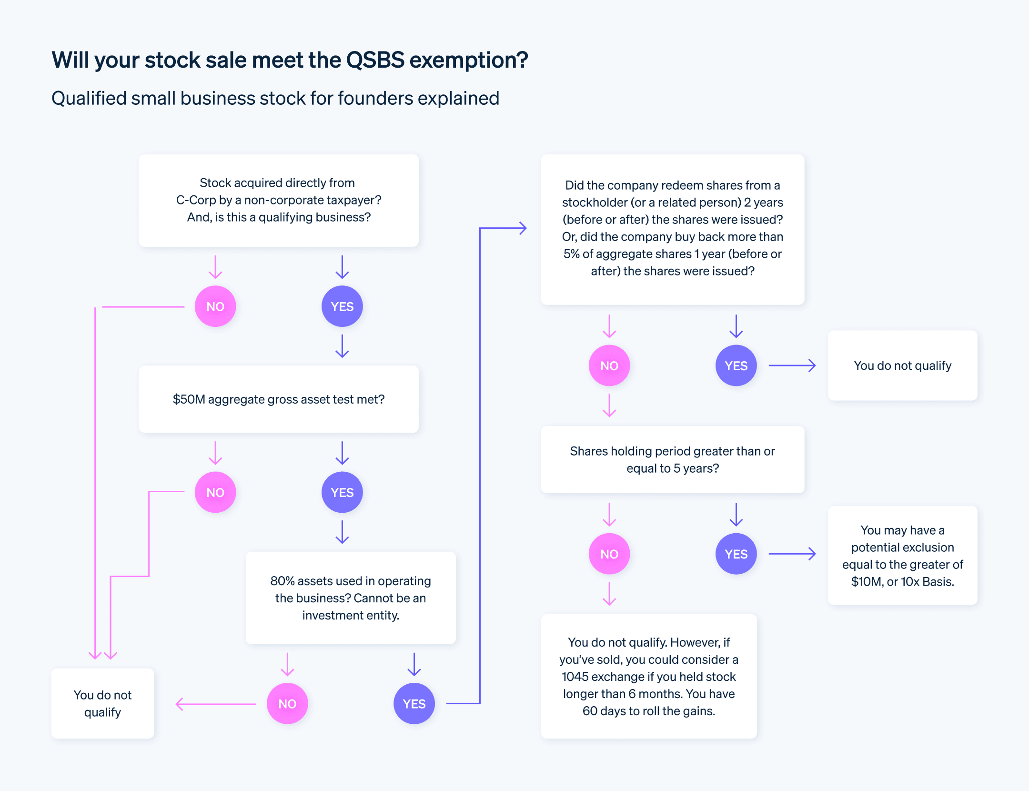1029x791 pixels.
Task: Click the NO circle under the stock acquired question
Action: point(215,306)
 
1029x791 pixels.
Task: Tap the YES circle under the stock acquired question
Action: point(342,306)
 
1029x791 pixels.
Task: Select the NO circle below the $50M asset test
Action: point(215,492)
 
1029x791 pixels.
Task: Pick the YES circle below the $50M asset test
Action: point(342,492)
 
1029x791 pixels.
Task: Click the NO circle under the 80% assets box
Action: point(287,704)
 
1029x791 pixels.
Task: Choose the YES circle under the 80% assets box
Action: point(414,704)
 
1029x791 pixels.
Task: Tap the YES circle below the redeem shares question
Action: point(736,365)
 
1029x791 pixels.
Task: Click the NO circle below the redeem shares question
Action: point(609,365)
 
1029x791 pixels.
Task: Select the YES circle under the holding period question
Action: point(736,554)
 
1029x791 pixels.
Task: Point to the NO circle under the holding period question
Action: point(609,554)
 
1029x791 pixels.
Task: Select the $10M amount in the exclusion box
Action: point(867,582)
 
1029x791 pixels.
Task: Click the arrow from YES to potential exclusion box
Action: point(792,554)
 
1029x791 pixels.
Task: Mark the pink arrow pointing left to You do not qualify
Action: point(215,704)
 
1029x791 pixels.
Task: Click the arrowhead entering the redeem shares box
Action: point(523,228)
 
